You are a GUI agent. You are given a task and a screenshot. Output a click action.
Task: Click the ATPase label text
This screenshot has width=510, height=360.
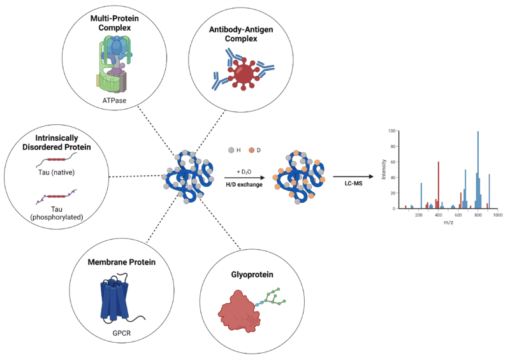click(114, 101)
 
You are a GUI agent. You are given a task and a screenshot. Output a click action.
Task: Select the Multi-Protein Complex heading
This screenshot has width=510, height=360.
click(115, 23)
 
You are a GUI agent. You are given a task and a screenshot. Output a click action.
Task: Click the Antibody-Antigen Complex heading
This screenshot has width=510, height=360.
click(241, 34)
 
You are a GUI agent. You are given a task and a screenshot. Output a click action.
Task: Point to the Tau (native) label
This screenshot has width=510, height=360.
click(56, 173)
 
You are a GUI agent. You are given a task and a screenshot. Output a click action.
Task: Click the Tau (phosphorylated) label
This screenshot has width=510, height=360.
click(57, 213)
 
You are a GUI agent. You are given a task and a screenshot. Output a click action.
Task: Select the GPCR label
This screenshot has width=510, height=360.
click(121, 333)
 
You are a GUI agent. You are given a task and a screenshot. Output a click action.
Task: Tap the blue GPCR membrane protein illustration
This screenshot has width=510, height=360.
click(115, 298)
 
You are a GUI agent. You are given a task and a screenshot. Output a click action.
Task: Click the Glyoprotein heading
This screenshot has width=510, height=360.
click(252, 275)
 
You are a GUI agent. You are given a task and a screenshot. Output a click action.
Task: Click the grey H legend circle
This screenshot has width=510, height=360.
click(231, 150)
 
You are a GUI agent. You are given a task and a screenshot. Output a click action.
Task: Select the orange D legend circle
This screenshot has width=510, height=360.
click(251, 150)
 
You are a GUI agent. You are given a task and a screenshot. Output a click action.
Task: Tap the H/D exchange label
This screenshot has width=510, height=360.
click(244, 184)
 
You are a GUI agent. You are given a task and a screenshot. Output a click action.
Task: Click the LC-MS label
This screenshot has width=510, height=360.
click(353, 184)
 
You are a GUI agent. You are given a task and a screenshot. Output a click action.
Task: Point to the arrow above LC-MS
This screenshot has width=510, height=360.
click(353, 176)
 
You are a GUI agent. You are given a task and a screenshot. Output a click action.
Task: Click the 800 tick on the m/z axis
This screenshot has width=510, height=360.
click(477, 215)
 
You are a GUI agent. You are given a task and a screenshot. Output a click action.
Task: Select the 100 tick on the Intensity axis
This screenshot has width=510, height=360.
click(391, 131)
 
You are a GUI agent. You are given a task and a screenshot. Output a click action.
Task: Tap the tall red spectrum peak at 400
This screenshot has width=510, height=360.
click(439, 185)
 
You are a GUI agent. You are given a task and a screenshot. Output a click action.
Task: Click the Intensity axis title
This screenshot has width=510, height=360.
click(384, 169)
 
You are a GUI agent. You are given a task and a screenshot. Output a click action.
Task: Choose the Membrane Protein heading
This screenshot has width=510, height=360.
click(122, 262)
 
